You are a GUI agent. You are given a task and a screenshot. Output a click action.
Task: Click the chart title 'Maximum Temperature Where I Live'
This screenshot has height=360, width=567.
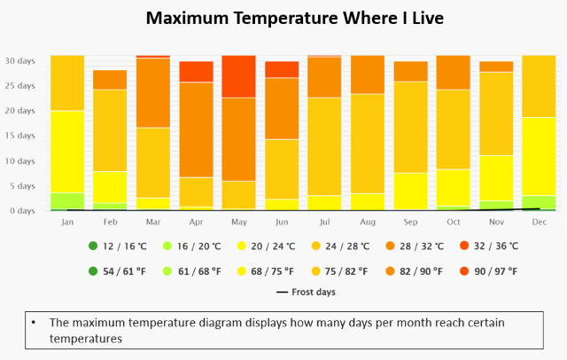283,18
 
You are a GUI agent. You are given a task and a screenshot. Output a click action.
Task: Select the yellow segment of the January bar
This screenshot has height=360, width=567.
67,152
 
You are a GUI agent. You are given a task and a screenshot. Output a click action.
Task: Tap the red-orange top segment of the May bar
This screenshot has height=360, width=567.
238,76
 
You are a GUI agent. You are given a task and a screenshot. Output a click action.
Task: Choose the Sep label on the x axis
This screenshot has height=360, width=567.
409,222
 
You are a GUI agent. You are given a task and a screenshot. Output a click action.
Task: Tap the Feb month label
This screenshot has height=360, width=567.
110,222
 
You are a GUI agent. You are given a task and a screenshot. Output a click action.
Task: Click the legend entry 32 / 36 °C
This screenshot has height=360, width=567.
488,246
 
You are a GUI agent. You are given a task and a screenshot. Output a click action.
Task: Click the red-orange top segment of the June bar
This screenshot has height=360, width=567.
281,69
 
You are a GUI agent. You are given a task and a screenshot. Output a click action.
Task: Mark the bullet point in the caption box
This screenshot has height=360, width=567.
33,323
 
